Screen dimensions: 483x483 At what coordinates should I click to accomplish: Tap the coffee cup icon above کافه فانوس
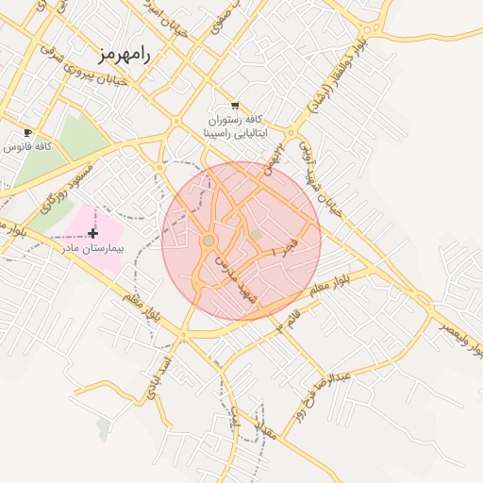27,132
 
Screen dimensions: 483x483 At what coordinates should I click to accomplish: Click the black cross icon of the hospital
92,233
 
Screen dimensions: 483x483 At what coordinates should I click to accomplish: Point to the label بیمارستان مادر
89,248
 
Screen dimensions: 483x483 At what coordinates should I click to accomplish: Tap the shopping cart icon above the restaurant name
234,106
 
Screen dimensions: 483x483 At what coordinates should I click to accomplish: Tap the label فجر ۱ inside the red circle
282,250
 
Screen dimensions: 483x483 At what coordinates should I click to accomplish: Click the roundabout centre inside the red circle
208,241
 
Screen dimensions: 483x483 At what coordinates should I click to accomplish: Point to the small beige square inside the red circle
255,233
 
